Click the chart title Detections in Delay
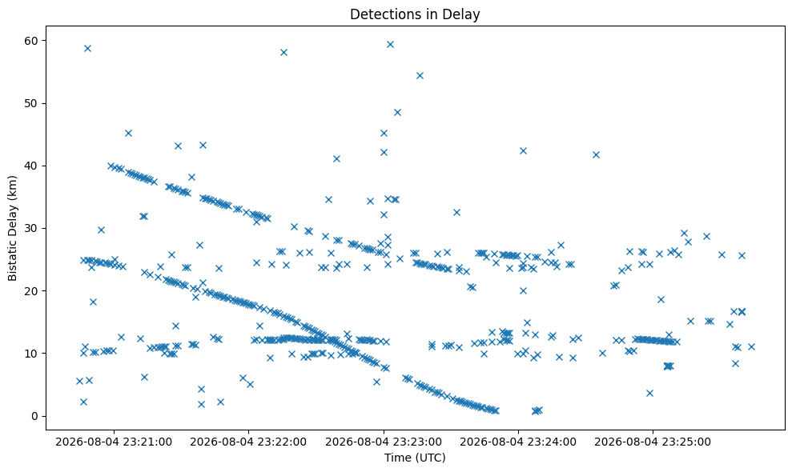click(x=415, y=14)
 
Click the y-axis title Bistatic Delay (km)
click(x=12, y=228)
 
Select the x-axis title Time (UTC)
click(x=415, y=458)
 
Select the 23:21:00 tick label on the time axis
click(x=114, y=442)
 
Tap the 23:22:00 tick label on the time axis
click(x=248, y=442)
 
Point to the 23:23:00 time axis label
click(x=384, y=442)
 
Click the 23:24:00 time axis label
click(x=518, y=442)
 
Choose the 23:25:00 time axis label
click(x=653, y=442)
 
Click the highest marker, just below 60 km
click(x=390, y=45)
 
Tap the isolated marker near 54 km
click(x=420, y=76)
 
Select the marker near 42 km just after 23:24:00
click(x=523, y=151)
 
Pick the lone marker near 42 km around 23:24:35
click(x=596, y=154)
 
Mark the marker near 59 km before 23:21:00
click(x=87, y=49)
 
